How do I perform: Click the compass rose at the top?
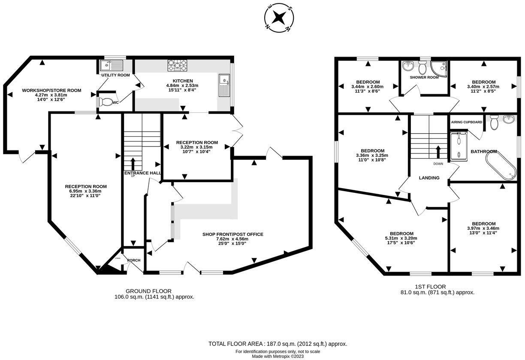tap(279, 18)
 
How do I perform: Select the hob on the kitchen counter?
tap(178, 65)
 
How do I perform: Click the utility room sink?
tap(112, 66)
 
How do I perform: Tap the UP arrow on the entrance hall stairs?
tap(132, 165)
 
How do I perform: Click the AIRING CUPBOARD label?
tap(466, 122)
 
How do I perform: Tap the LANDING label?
tap(429, 178)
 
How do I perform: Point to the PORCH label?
tap(133, 260)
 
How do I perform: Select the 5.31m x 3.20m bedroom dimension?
tap(401, 238)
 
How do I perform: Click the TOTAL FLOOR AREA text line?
tap(278, 344)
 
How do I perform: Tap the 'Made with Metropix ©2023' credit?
tap(278, 356)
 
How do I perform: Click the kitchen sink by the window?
tap(224, 85)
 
